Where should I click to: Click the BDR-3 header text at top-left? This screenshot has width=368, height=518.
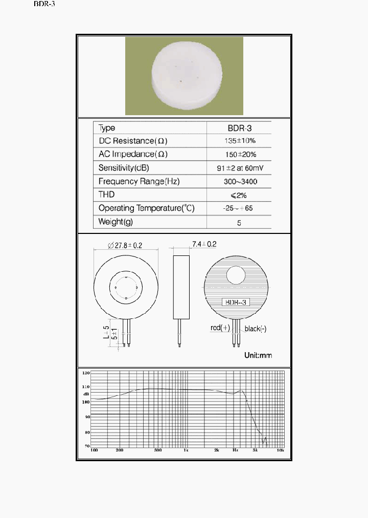tap(44, 4)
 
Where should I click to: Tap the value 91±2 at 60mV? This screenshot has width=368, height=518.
tap(239, 168)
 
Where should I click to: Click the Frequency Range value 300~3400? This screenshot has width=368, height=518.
tap(239, 181)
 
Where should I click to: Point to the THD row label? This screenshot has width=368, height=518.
tap(106, 195)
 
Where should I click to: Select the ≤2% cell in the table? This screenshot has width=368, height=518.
tap(239, 195)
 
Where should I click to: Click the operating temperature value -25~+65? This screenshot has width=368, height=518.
tap(239, 208)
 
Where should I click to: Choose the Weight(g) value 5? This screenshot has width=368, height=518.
tap(239, 223)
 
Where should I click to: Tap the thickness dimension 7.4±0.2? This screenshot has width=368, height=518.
tap(204, 244)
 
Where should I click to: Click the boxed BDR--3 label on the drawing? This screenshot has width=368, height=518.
tap(236, 302)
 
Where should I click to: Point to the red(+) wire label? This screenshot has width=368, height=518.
tap(220, 328)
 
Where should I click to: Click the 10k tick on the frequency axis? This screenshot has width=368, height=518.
tap(280, 450)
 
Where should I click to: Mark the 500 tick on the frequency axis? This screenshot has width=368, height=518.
tap(158, 450)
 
